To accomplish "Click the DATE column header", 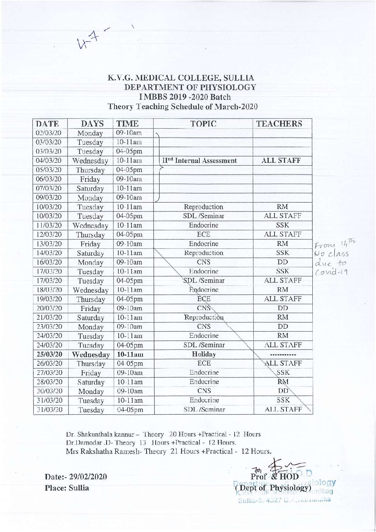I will tap(47, 124).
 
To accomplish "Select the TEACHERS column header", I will tap(279, 124).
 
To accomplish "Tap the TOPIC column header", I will tap(203, 124).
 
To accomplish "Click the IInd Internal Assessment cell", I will tap(199, 161).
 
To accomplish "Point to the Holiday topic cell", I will tap(204, 354).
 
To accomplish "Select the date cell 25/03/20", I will tap(49, 354).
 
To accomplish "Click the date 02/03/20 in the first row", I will tap(49, 133).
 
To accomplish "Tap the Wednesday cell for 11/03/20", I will tap(90, 226).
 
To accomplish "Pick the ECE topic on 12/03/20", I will tap(203, 235).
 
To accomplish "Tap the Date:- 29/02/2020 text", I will tap(76, 477).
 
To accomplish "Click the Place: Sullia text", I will tap(67, 488).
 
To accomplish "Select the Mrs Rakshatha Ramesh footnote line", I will tap(168, 451).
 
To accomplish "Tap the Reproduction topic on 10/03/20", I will tap(203, 207).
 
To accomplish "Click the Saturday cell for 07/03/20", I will tap(90, 189).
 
